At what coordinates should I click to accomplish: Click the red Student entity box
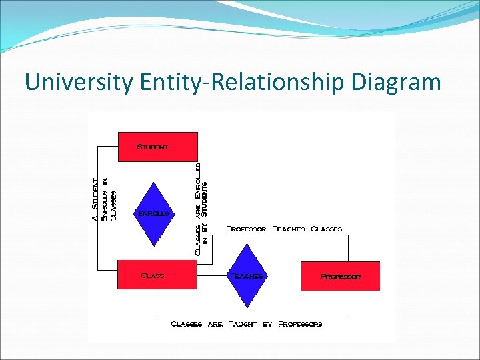click(x=158, y=147)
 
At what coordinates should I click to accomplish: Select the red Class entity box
click(x=157, y=275)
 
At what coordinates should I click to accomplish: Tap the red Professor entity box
click(x=340, y=276)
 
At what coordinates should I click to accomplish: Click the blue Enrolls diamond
click(x=154, y=213)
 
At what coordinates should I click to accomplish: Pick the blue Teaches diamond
click(x=247, y=275)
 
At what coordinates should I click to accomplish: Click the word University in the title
click(x=79, y=82)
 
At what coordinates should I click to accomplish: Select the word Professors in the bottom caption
click(x=300, y=324)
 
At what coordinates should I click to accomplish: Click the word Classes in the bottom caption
click(x=187, y=324)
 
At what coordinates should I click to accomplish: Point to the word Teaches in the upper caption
click(x=289, y=229)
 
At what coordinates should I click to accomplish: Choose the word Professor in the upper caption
click(x=246, y=229)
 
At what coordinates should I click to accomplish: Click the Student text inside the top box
click(x=153, y=146)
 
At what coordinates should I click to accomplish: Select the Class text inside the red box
click(x=153, y=275)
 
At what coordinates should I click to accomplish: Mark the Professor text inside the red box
click(x=341, y=276)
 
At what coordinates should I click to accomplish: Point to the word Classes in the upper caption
click(x=327, y=229)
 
